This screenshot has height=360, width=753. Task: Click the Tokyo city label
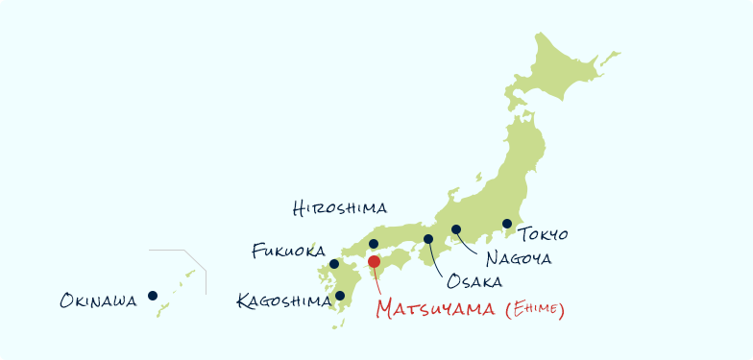(x=544, y=234)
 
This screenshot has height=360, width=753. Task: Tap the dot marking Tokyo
(x=507, y=224)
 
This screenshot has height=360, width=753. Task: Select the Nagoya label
(x=519, y=257)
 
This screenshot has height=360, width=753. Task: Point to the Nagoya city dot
(x=456, y=229)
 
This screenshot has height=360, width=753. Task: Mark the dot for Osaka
(x=428, y=239)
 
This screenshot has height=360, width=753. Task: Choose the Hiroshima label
(x=340, y=207)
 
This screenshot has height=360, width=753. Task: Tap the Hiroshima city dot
(x=374, y=244)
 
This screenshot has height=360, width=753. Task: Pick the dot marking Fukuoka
(x=334, y=264)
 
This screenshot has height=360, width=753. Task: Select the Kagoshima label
(x=282, y=301)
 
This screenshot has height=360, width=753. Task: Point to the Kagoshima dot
(x=340, y=296)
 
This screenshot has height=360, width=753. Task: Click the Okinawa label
(x=99, y=301)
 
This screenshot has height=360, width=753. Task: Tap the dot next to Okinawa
(x=153, y=296)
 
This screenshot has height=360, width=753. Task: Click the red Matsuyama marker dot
(x=375, y=261)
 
